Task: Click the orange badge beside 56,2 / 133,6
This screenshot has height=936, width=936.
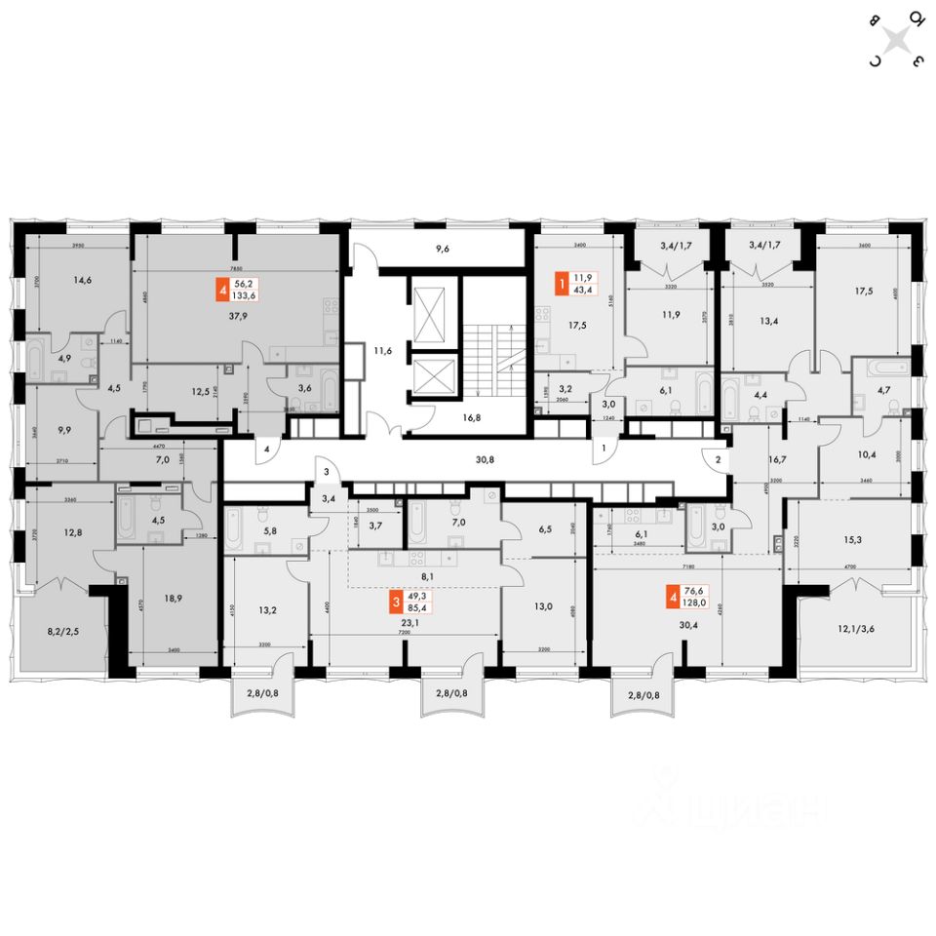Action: [x=224, y=291]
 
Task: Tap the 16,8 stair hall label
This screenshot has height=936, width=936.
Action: [x=472, y=414]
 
